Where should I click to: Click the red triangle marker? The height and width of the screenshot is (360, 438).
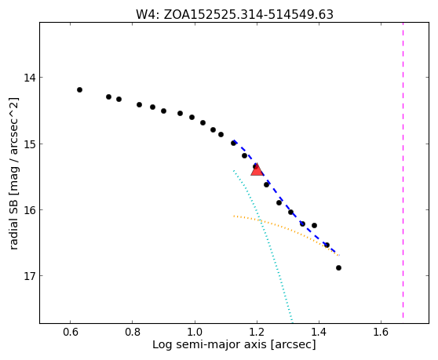[257, 170]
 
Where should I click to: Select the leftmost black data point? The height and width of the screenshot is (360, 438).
[79, 89]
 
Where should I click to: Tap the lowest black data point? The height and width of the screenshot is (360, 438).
[338, 268]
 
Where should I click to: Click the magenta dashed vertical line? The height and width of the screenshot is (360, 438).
[403, 170]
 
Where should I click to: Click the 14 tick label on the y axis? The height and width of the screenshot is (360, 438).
[30, 78]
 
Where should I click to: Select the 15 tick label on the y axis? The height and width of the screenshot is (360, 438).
[30, 144]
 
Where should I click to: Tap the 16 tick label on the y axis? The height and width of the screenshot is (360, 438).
[30, 210]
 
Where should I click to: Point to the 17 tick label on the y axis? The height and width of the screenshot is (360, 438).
[30, 276]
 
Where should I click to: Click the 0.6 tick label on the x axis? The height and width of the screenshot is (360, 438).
[71, 332]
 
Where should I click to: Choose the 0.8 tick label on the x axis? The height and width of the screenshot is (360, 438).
[133, 332]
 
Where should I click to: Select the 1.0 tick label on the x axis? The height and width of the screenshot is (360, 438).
[195, 332]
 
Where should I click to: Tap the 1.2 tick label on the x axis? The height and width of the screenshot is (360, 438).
[257, 332]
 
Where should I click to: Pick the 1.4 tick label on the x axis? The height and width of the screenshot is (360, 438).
[319, 332]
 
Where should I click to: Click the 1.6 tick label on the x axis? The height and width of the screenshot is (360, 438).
[381, 332]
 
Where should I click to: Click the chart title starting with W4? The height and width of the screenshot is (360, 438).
[235, 14]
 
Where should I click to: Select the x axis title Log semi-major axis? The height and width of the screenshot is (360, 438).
[234, 344]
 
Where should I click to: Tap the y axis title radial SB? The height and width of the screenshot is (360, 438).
[13, 173]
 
